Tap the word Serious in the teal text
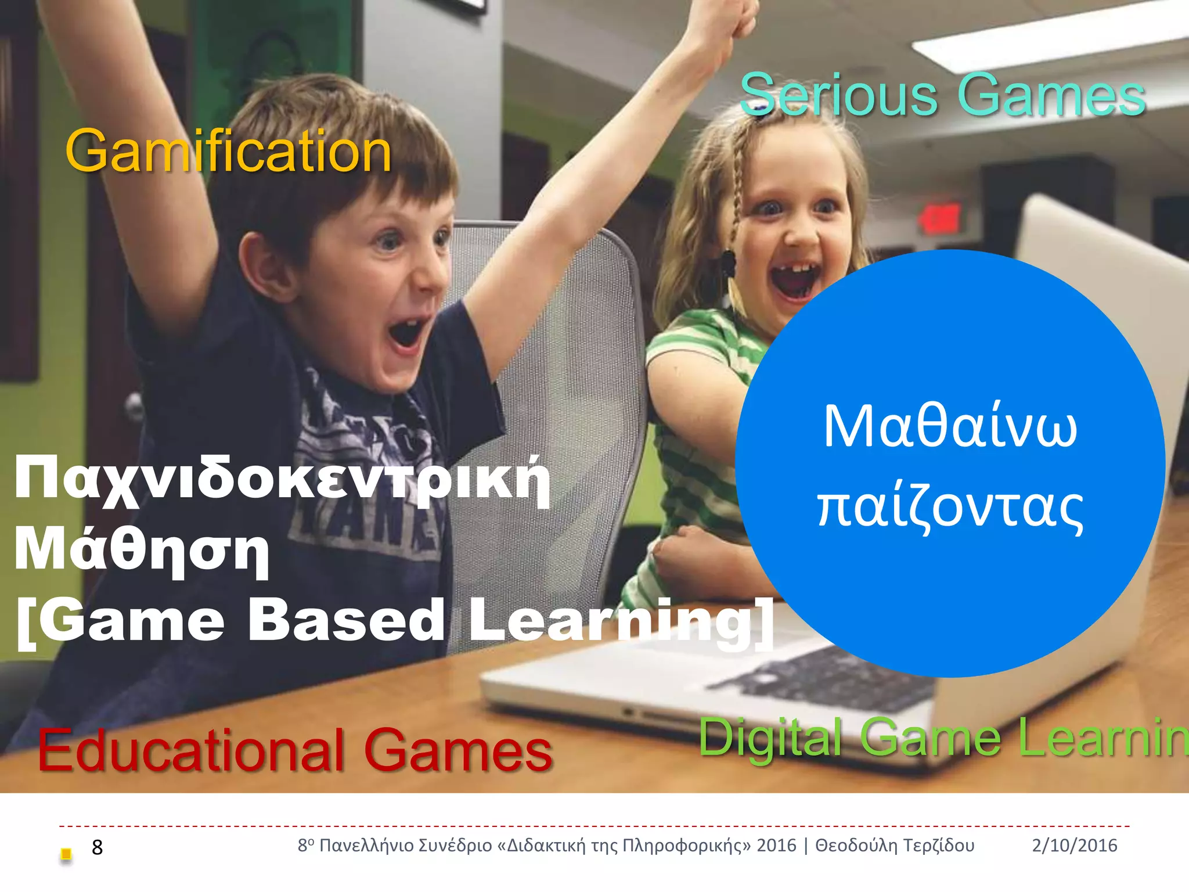[x=838, y=95]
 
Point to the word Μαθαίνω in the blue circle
[x=950, y=427]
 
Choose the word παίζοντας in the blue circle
[x=950, y=507]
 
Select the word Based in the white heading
[x=347, y=620]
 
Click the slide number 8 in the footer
[x=97, y=847]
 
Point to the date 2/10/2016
[x=1074, y=846]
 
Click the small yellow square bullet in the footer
[x=66, y=854]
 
